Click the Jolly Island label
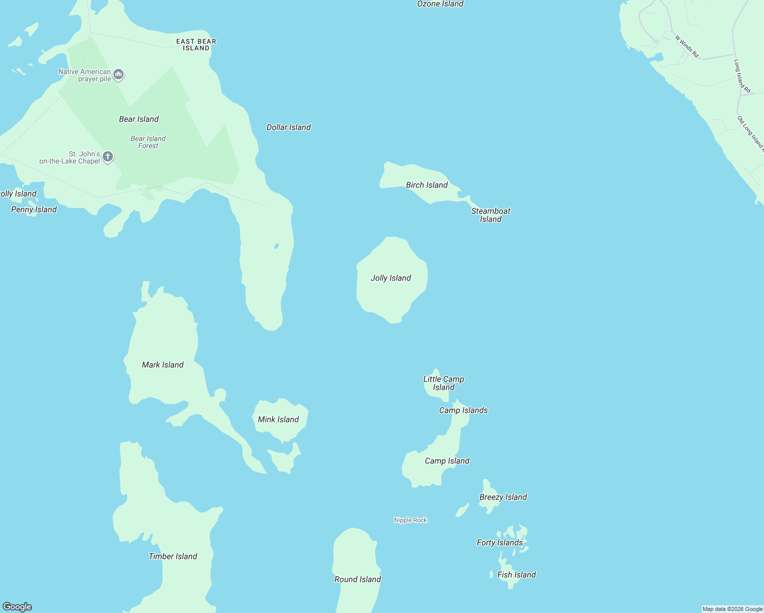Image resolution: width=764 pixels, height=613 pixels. pyautogui.click(x=391, y=278)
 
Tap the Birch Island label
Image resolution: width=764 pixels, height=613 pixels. pyautogui.click(x=426, y=185)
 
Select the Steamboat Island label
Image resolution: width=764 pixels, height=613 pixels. pyautogui.click(x=490, y=215)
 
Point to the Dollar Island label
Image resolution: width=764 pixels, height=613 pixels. pyautogui.click(x=289, y=127)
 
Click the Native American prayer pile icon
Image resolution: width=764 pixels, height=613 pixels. pyautogui.click(x=118, y=75)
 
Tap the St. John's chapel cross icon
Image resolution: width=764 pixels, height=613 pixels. pyautogui.click(x=108, y=157)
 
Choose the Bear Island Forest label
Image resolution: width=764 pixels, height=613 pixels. pyautogui.click(x=148, y=142)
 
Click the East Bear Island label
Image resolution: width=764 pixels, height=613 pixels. pyautogui.click(x=196, y=44)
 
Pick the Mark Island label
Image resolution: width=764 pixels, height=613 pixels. pyautogui.click(x=162, y=365)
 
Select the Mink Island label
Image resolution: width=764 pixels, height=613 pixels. pyautogui.click(x=278, y=419)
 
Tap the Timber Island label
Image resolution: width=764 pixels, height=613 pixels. pyautogui.click(x=173, y=556)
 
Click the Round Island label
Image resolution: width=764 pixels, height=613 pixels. pyautogui.click(x=357, y=579)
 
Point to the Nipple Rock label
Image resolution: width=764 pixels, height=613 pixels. pyautogui.click(x=411, y=520)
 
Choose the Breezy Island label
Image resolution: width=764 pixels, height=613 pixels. pyautogui.click(x=503, y=497)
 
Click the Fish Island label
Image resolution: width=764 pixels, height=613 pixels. pyautogui.click(x=516, y=575)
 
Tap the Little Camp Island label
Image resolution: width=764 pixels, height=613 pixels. pyautogui.click(x=443, y=383)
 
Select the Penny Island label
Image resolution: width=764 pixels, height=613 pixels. pyautogui.click(x=34, y=209)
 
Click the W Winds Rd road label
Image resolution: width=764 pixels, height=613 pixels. pyautogui.click(x=686, y=46)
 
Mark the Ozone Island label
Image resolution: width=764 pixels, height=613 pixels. pyautogui.click(x=440, y=4)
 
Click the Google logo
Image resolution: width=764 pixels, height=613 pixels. pyautogui.click(x=17, y=607)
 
